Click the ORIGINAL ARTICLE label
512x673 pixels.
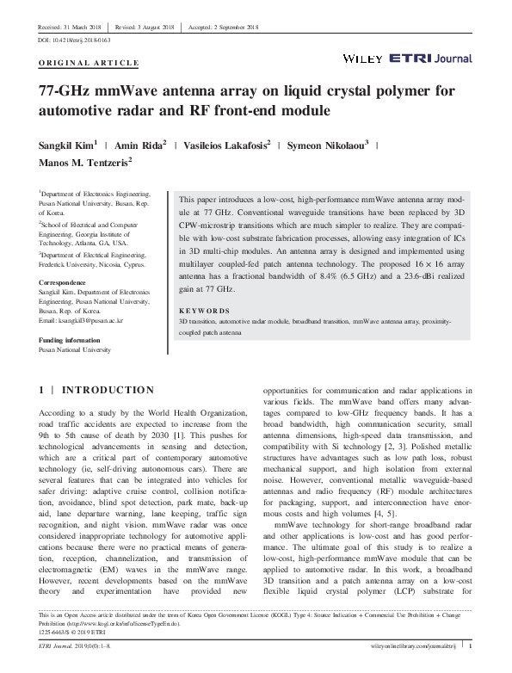click(x=88, y=63)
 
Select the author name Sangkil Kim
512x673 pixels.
click(x=65, y=145)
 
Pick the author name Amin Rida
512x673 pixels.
click(x=141, y=145)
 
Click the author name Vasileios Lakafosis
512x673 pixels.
click(x=226, y=145)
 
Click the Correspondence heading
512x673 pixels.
click(x=63, y=282)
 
